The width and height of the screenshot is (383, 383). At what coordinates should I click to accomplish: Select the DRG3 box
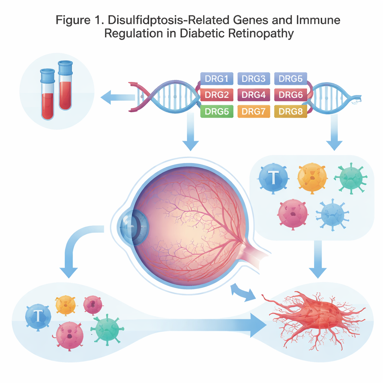254,79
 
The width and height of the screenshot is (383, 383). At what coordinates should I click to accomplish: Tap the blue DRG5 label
291,79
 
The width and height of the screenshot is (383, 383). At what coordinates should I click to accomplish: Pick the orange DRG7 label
254,111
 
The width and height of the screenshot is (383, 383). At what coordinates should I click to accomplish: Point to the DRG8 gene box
291,111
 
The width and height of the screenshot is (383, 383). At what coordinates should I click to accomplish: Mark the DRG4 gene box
254,95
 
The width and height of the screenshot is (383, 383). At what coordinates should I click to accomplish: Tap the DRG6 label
291,95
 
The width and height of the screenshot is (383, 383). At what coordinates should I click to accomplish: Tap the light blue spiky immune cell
330,214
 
